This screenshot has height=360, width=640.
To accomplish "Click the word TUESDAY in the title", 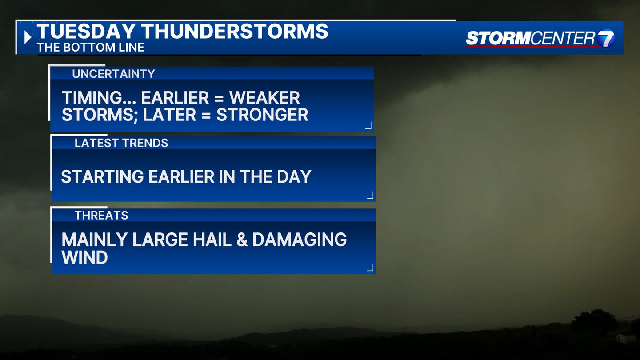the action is coord(86,31).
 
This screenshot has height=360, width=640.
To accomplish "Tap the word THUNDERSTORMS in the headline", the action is coord(235,31).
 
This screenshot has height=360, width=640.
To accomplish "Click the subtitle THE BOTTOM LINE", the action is coord(90,48).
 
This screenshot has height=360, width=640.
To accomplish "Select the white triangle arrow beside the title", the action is coord(28,37).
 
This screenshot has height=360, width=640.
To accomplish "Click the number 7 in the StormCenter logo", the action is coord(605,38).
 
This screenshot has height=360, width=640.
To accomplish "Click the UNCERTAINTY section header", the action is coord(113,74).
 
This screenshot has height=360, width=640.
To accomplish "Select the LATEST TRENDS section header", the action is coord(121,143).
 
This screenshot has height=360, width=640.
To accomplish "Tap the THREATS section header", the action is coord(101,216).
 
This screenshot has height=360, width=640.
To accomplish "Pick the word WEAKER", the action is coord(264,98).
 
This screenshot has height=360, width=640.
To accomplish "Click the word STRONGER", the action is coord(262,115).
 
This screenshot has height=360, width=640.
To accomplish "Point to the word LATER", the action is coord(169,115).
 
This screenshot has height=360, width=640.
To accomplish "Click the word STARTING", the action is coord(102,176).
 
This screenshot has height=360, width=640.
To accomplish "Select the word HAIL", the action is coord(212,240).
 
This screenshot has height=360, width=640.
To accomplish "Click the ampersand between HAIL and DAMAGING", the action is coord(242,240).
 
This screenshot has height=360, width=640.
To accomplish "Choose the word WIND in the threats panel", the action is coord(84,257).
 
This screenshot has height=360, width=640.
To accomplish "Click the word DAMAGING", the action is coord(300,240).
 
